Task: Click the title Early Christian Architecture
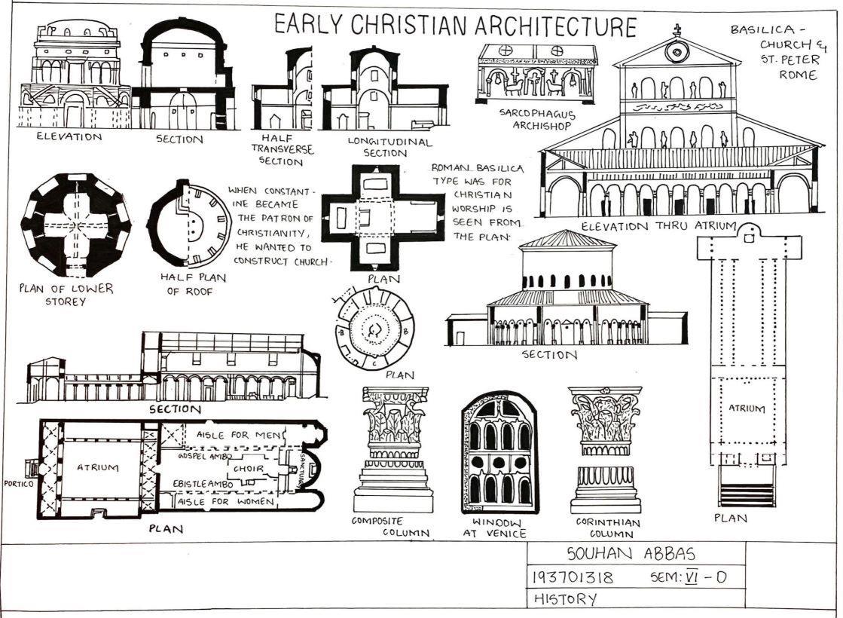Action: point(454,25)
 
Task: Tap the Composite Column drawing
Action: point(393,449)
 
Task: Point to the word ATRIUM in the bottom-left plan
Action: point(99,467)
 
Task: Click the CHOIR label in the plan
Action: point(248,468)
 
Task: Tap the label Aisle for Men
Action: point(238,436)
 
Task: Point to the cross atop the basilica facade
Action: point(677,31)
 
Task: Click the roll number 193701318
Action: point(573,578)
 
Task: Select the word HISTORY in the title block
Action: point(565,600)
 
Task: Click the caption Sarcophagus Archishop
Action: point(537,120)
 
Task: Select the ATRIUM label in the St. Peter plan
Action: point(746,409)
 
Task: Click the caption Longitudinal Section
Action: point(389,147)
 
